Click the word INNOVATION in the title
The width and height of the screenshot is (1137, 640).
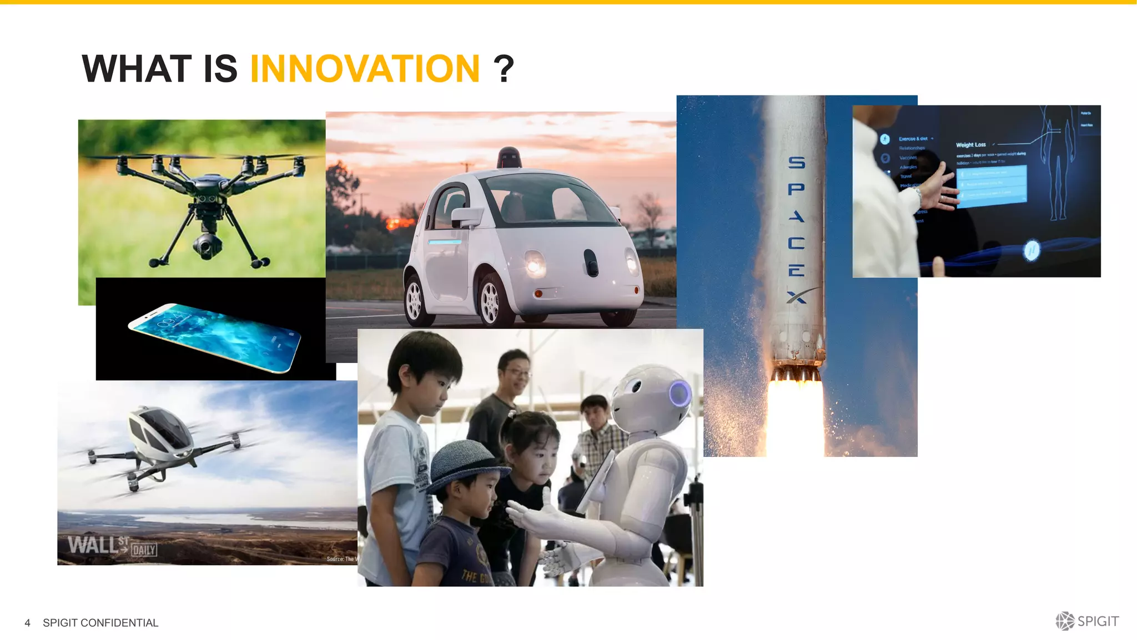365,69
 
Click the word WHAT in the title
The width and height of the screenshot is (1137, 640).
137,69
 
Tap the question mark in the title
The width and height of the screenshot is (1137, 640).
504,69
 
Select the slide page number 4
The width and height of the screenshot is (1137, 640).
27,623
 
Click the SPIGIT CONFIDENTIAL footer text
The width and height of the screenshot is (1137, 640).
100,623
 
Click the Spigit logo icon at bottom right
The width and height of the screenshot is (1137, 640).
1064,621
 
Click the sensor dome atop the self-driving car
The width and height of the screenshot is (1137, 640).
509,158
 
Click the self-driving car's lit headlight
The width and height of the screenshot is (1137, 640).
534,263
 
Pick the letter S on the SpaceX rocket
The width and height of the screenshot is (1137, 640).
797,163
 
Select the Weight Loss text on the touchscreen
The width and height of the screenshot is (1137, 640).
970,145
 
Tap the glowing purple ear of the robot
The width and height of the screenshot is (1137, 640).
680,393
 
